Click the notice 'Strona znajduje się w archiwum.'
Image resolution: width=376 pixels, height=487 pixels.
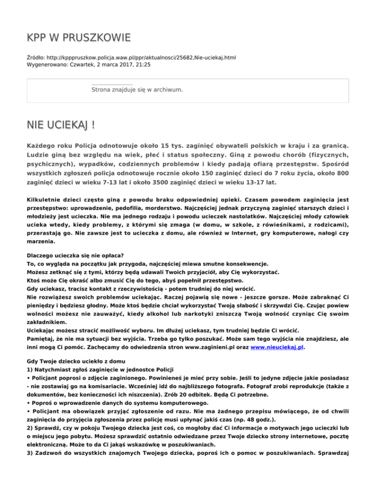pos(137,90)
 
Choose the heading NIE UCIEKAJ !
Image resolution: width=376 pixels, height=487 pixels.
pos(61,123)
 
